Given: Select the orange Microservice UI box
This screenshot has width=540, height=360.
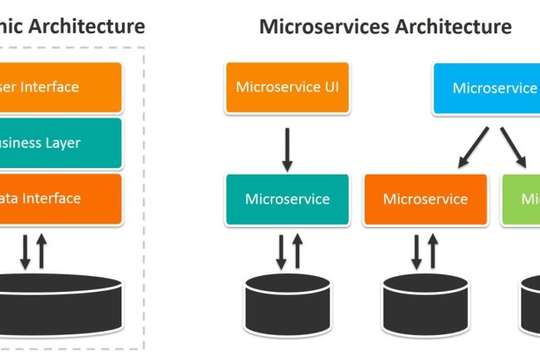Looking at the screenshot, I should [x=287, y=86].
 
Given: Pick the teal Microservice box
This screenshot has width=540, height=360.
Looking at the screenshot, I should [x=287, y=200].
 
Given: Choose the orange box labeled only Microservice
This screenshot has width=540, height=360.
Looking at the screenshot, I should [x=426, y=200].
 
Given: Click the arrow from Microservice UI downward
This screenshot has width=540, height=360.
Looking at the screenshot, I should [x=287, y=148].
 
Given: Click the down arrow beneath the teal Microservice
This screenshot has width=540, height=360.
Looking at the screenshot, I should [x=279, y=250].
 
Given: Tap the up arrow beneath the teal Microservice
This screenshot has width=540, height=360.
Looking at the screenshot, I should [x=297, y=250].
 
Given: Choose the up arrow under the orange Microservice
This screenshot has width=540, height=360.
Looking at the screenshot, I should [x=432, y=250].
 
